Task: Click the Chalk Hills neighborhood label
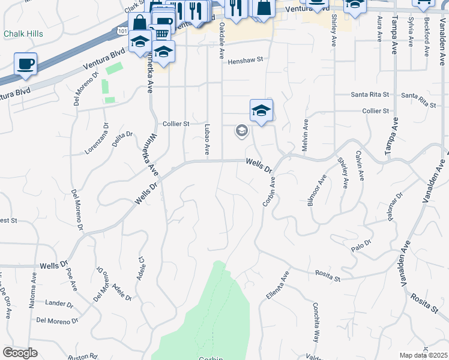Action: click(x=23, y=34)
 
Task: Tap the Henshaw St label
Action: click(x=246, y=60)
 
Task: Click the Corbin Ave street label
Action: click(x=268, y=191)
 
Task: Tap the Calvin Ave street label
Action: click(x=360, y=166)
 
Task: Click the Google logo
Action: click(x=20, y=353)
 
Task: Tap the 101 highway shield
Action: click(x=122, y=31)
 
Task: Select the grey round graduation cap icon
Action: click(x=242, y=131)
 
